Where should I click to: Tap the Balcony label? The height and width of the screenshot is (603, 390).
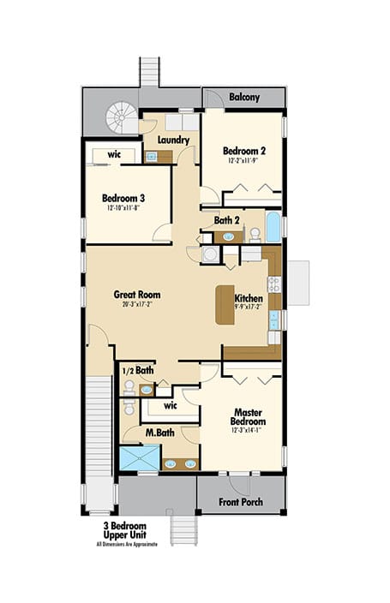[244, 98]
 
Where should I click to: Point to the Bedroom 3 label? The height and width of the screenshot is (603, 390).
[124, 198]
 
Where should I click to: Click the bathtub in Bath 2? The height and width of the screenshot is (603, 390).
[273, 229]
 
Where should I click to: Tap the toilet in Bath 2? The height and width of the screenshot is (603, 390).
[254, 232]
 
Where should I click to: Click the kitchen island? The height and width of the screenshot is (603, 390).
[225, 304]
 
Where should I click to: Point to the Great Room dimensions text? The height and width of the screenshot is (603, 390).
[136, 304]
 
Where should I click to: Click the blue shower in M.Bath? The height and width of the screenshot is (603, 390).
[139, 459]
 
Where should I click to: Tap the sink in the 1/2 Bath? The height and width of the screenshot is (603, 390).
[146, 390]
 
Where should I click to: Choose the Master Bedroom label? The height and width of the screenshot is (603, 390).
[248, 417]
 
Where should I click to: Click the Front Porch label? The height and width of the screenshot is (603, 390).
[241, 502]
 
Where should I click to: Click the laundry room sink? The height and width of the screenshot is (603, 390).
[152, 157]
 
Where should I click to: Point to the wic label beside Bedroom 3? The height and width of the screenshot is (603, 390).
[114, 155]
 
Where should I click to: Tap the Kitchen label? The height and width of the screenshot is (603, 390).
[249, 298]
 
